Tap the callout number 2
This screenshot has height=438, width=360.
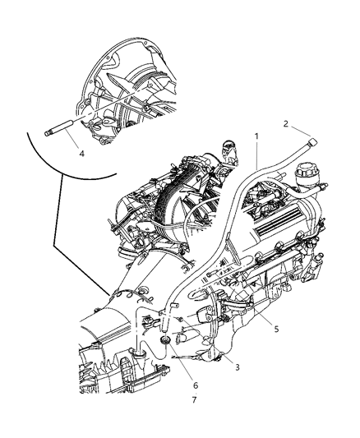pyautogui.click(x=286, y=124)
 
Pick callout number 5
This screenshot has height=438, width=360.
pyautogui.click(x=276, y=329)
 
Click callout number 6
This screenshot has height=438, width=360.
pyautogui.click(x=195, y=385)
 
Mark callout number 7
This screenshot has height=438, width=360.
pyautogui.click(x=195, y=400)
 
